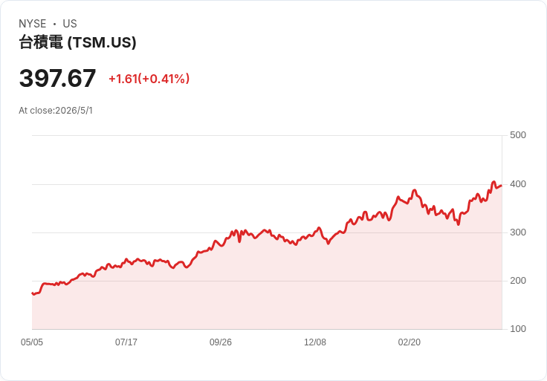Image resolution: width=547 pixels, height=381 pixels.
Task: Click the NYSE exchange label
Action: pos(33,24)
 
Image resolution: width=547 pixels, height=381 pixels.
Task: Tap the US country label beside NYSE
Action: pos(70,24)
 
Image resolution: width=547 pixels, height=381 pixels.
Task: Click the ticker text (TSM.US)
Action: pos(102,42)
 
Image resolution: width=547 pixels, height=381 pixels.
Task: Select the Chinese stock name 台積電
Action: pos(41,42)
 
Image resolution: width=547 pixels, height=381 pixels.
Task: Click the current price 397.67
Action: pos(57,78)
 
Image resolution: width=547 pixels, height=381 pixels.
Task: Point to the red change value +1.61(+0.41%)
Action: pos(149,79)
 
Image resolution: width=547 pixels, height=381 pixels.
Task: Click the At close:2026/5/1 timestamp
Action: pos(56,111)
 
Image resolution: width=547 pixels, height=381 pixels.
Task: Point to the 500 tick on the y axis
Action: pos(518,135)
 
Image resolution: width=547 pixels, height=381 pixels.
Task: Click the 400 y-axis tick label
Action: pos(518,184)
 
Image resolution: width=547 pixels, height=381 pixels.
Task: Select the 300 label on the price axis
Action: pos(518,232)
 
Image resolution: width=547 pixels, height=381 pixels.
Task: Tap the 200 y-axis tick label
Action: pos(518,281)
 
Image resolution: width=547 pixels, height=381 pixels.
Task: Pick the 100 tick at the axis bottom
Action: pos(518,329)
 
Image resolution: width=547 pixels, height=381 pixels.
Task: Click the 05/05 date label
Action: pos(32,342)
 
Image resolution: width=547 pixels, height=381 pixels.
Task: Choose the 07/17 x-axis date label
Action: pos(126,342)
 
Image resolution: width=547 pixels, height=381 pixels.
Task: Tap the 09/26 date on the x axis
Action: pos(221,342)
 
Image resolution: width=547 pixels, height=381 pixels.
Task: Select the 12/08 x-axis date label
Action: pos(315,342)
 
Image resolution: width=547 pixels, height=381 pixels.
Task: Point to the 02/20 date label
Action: pos(410,342)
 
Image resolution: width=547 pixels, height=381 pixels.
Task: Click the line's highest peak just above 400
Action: pos(493,182)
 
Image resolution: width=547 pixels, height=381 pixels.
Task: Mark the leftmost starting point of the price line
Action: pos(32,293)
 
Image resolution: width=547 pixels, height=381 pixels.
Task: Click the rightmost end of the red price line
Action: pos(502,186)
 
